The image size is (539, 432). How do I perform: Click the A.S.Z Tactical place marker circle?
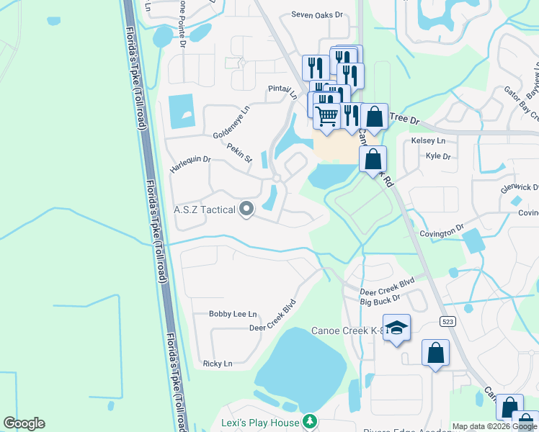[246, 210]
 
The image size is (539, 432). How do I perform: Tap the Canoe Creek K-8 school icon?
[396, 328]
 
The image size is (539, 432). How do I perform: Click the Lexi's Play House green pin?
[309, 420]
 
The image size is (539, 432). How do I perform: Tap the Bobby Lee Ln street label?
[232, 314]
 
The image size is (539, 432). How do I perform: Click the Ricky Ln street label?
[218, 364]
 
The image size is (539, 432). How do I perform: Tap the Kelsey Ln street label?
[428, 140]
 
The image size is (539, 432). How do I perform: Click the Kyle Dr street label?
[438, 156]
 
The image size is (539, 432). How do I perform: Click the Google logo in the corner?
[24, 423]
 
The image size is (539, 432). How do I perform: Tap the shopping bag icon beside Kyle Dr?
[373, 159]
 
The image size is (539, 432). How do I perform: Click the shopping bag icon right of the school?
[435, 353]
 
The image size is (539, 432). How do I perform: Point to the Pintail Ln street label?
[282, 91]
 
